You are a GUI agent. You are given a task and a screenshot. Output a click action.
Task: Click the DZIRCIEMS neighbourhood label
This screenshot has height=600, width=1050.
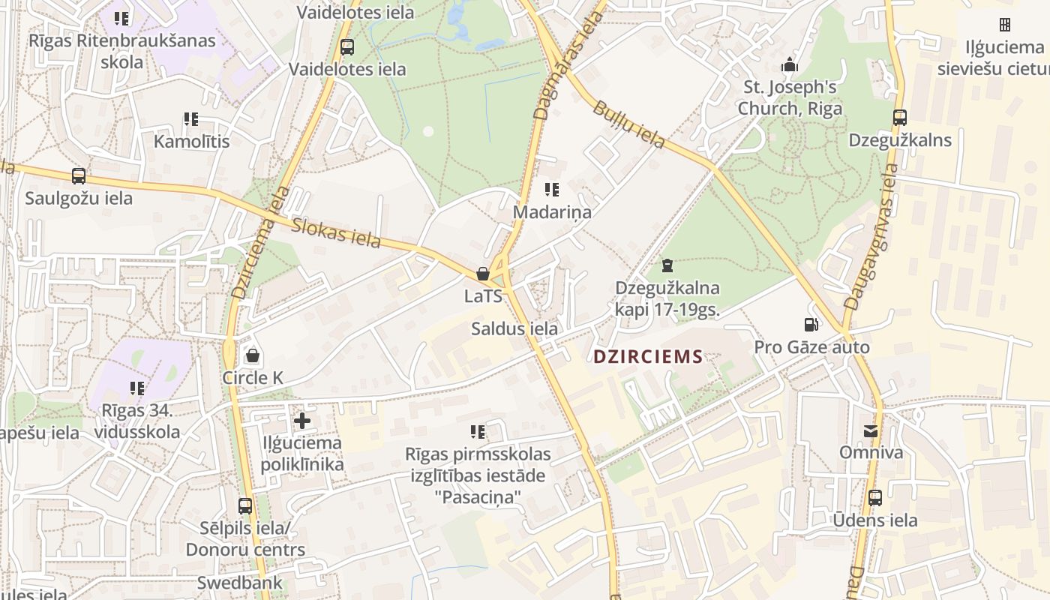[x=648, y=357]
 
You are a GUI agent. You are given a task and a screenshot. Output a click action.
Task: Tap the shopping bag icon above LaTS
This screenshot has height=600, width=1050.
[x=484, y=274]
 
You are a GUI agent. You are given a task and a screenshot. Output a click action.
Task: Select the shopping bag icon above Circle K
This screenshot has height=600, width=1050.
[x=253, y=355]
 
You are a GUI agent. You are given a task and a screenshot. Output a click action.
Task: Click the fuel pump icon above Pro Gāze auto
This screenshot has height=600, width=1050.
[x=811, y=325]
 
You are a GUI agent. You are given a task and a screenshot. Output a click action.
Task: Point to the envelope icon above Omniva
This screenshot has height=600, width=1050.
[x=871, y=431]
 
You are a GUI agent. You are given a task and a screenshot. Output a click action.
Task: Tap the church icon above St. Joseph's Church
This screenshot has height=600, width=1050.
[x=790, y=65]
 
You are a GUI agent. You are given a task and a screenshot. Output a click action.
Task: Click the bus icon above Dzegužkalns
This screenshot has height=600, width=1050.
[x=900, y=118]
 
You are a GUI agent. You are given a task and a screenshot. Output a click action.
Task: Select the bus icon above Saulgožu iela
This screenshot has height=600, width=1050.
[x=79, y=176]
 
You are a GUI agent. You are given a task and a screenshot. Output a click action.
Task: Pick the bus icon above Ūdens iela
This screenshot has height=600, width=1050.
[x=875, y=498]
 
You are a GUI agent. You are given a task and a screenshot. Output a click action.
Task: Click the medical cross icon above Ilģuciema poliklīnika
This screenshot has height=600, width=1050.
[x=302, y=421]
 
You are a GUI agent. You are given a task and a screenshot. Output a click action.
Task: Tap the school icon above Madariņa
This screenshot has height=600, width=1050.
[x=552, y=190]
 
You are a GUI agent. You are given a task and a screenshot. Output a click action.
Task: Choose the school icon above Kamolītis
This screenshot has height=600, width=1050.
[x=191, y=119]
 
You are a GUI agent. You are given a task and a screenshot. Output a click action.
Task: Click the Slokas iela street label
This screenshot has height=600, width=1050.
[x=337, y=232]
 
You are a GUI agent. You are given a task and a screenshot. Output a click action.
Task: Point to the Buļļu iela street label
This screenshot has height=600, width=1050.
[x=628, y=125]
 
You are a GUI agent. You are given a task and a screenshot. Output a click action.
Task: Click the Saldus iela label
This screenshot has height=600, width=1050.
[x=514, y=328]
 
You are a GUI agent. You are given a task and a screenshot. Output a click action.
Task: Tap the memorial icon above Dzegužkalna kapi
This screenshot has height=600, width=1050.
[x=667, y=265]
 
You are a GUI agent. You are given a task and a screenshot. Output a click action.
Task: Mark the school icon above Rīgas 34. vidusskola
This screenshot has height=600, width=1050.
[x=137, y=388]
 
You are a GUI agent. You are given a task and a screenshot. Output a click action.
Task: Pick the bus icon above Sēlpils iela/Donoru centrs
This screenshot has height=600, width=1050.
[x=245, y=506]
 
